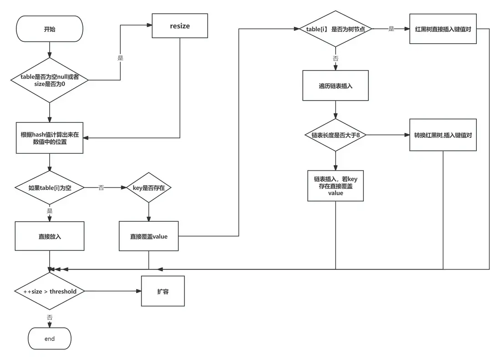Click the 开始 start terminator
point(50,29)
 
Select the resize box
point(180,26)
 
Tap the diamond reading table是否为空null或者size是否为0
point(50,81)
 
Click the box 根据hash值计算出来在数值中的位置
point(50,138)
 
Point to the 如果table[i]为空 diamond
point(50,188)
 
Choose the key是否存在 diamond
point(149,188)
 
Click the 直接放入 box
point(50,236)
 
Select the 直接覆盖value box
point(149,236)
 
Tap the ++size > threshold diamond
point(50,291)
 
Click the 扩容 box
point(163,291)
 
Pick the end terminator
point(50,339)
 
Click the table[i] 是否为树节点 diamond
point(335,29)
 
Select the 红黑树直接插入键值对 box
point(443,29)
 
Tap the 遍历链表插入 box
point(335,86)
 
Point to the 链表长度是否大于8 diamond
point(335,135)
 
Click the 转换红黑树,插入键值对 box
point(443,135)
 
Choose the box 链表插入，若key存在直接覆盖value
point(335,186)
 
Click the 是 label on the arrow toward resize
point(120,58)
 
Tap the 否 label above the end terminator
point(49,317)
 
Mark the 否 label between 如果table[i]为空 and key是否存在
point(101,188)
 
